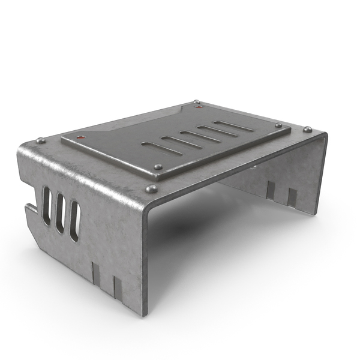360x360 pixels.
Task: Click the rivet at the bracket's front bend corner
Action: pos(152,188)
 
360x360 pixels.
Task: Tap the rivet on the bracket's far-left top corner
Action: pos(41,141)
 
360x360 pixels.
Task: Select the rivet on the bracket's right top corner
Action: pos(307,130)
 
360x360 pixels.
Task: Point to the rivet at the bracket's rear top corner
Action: pos(196,103)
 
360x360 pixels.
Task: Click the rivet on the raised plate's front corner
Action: pos(158,167)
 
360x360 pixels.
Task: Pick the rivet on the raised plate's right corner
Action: pos(278,125)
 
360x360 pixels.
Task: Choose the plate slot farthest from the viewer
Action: pos(233,126)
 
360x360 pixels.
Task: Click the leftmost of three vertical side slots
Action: pos(46,205)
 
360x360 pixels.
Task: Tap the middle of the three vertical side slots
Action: pos(60,213)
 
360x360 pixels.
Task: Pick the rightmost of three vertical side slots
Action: pos(74,221)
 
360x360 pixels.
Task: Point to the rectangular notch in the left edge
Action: pos(28,209)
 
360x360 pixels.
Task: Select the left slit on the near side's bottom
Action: pos(97,272)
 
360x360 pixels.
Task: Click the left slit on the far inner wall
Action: pos(270,191)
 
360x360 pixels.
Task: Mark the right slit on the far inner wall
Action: pos(292,197)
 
